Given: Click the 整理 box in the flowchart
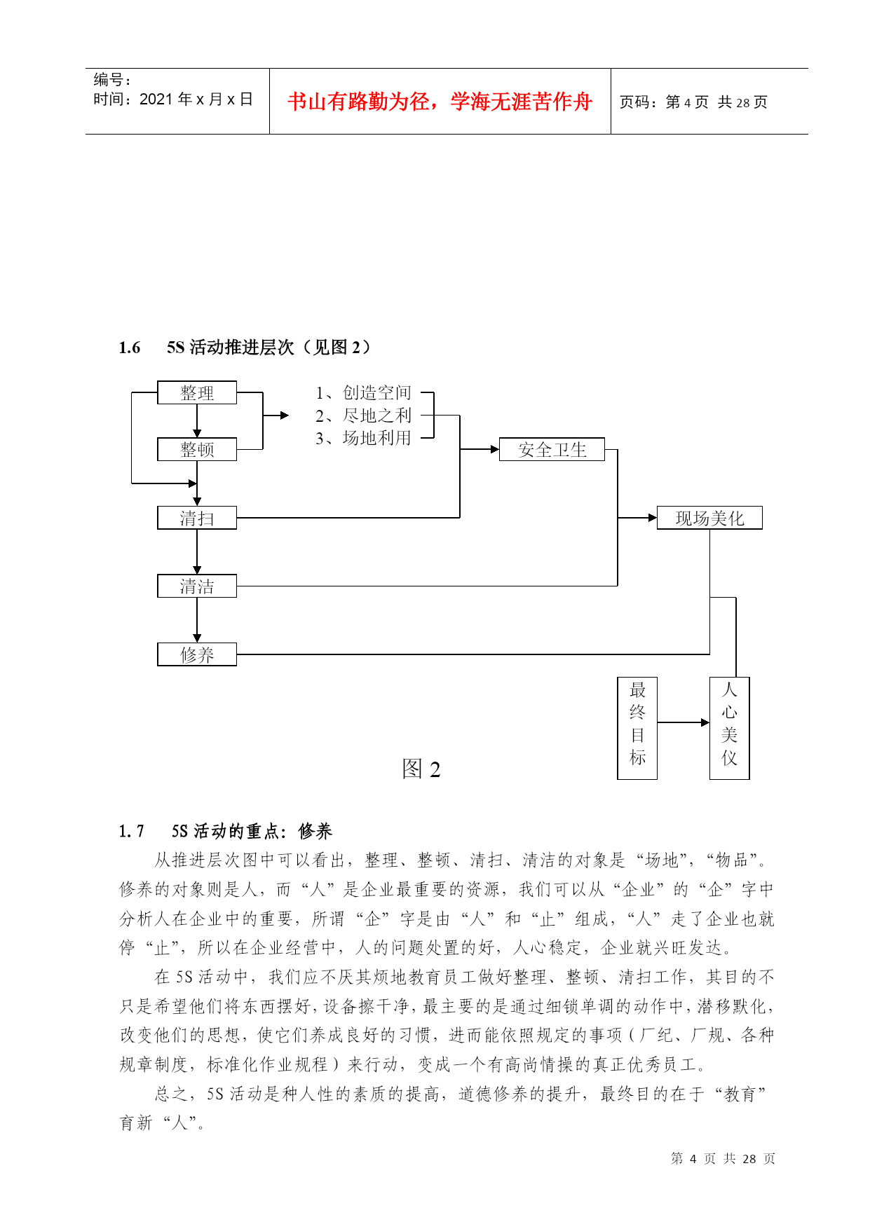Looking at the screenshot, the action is tap(197, 392).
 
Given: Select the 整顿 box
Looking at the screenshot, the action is tap(197, 449).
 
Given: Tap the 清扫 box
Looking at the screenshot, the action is tap(197, 518).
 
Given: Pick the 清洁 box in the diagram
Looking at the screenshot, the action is tap(197, 586).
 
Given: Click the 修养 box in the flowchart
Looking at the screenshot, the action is tap(197, 654).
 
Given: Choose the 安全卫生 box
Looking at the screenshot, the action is tap(552, 449).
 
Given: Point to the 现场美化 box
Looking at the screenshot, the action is tap(709, 518).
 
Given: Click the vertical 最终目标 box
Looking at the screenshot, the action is tap(637, 728).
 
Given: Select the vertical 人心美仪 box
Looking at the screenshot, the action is tap(730, 728).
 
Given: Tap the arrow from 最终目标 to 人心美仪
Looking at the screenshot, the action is tap(684, 722).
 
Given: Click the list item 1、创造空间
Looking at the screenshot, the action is tap(363, 392).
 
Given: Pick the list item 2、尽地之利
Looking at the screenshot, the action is tap(363, 416).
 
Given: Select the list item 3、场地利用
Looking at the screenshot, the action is tap(363, 438).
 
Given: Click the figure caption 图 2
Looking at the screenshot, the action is tap(421, 769).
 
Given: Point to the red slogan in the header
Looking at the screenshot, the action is tap(440, 102).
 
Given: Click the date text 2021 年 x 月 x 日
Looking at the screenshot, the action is tap(196, 99).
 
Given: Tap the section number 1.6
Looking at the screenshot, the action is tap(130, 348).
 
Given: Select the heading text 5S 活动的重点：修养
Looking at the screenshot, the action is tap(252, 831).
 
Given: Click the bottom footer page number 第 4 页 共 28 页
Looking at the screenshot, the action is tap(723, 1158).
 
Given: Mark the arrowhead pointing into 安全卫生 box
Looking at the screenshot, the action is tap(495, 449).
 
